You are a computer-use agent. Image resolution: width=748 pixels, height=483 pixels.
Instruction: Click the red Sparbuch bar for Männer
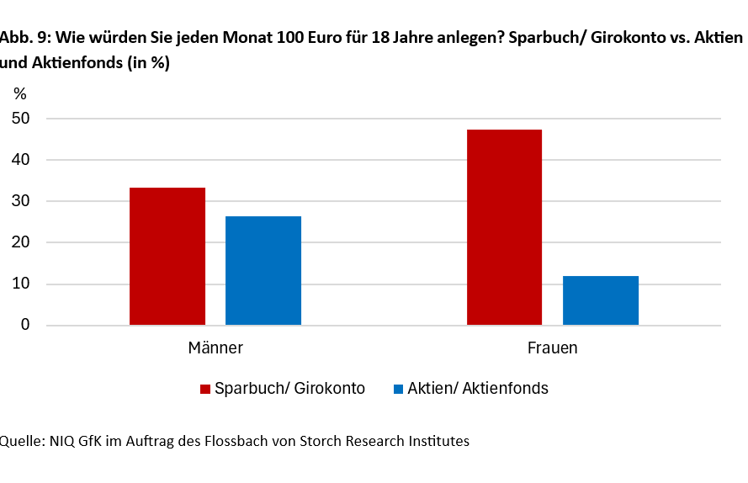167,256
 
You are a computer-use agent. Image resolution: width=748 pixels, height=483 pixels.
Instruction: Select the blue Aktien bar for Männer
263,270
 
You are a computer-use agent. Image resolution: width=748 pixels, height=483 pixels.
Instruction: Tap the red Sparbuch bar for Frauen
504,227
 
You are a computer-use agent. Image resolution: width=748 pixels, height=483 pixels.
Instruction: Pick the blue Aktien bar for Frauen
600,300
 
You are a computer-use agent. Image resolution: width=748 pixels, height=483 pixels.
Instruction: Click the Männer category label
215,348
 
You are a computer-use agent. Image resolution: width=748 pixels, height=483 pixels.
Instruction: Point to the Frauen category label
552,348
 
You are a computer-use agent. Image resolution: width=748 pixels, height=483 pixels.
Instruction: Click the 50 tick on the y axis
21,119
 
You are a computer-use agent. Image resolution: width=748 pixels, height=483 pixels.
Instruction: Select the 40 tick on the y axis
21,160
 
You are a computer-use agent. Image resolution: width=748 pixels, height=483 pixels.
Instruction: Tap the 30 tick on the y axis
21,201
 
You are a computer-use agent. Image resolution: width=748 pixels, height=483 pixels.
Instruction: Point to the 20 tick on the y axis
21,242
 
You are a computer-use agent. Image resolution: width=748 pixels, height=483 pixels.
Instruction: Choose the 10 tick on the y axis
21,284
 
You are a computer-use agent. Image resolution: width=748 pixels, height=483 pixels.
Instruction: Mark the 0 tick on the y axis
25,325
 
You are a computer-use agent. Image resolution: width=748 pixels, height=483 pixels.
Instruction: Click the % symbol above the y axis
20,93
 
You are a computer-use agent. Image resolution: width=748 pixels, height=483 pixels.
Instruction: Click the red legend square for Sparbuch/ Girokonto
204,389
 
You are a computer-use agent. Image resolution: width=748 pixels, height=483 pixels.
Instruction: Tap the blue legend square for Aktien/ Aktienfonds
398,389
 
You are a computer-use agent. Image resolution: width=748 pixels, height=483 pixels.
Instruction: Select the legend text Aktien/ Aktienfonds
477,389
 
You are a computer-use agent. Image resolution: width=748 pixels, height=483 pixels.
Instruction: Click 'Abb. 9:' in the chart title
24,39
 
